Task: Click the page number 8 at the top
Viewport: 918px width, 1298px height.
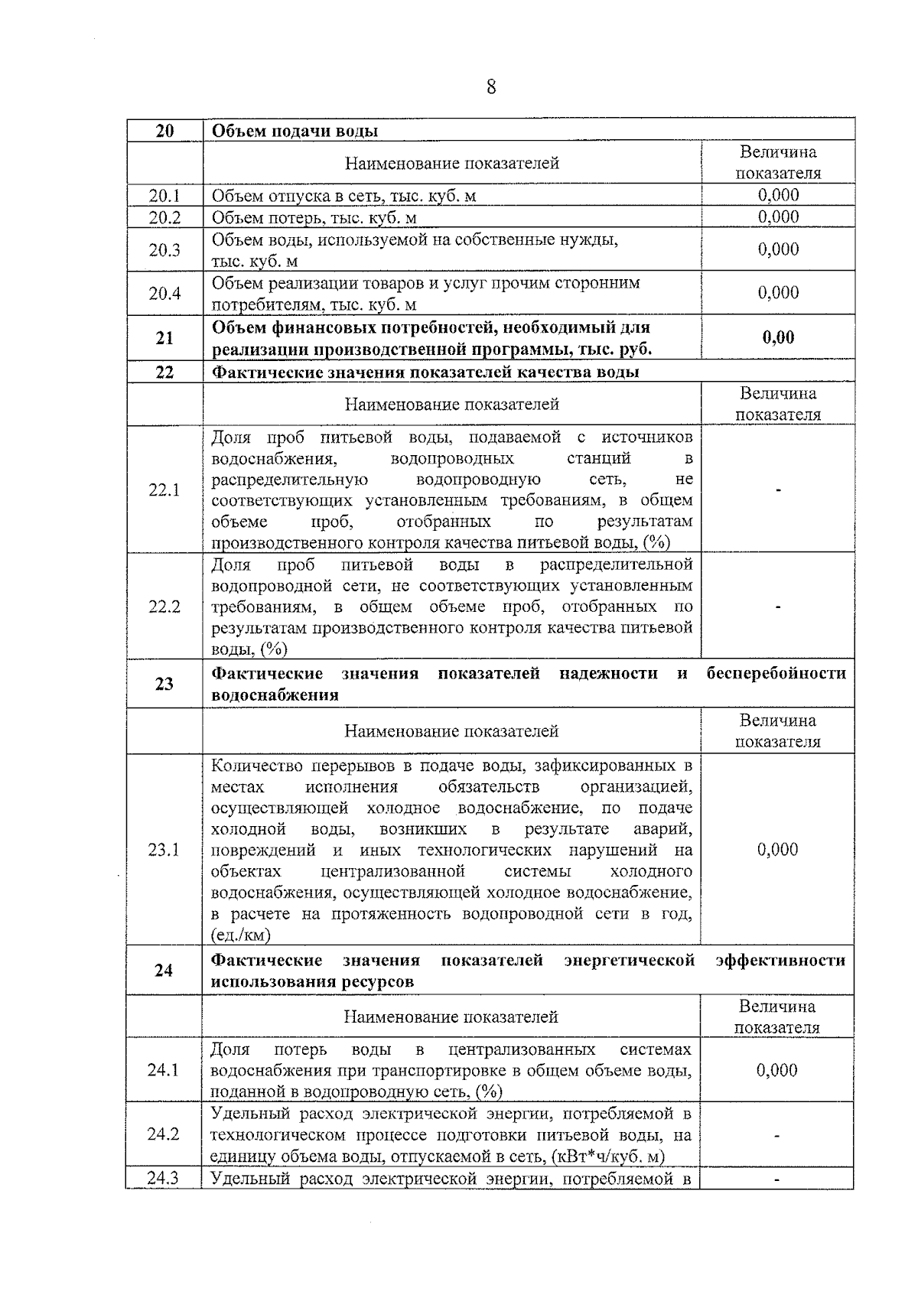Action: coord(491,87)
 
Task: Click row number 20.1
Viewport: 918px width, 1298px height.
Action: coord(164,196)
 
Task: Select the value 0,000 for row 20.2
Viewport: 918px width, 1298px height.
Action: coord(778,216)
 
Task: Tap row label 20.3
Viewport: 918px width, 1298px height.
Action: coord(164,250)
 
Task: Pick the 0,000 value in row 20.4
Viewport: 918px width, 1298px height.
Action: coord(778,293)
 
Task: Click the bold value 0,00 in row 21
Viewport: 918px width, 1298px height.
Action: coord(778,337)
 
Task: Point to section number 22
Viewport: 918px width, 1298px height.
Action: coord(164,372)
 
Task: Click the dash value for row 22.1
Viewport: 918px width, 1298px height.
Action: coord(778,490)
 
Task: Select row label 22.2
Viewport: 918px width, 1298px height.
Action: coord(164,607)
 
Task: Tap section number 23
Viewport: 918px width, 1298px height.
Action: coord(164,685)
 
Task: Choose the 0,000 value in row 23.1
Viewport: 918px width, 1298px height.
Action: coord(777,850)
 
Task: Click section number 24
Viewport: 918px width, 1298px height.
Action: coord(164,971)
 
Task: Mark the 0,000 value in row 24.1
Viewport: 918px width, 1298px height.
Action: coord(777,1070)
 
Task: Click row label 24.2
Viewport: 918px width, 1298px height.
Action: coord(164,1134)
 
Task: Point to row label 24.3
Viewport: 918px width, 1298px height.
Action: coord(164,1179)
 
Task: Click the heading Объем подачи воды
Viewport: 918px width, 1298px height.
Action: coord(295,131)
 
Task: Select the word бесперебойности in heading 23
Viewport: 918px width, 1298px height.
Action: coord(776,674)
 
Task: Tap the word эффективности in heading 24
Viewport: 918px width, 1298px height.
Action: coord(780,960)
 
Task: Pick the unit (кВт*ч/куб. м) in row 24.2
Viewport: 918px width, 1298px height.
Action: coord(607,1156)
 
